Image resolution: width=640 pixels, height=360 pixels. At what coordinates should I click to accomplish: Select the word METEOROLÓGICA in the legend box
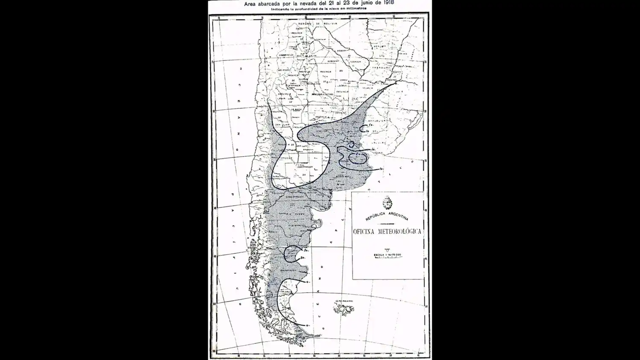coord(400,232)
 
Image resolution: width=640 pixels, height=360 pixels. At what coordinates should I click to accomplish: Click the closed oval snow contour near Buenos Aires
coord(357,159)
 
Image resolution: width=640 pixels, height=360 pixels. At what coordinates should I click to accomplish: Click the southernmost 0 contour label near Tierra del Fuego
coord(307,325)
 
